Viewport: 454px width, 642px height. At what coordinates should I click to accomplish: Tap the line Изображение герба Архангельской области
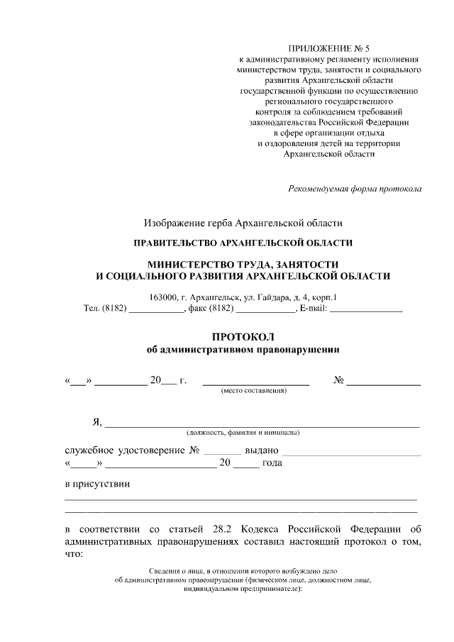(x=243, y=223)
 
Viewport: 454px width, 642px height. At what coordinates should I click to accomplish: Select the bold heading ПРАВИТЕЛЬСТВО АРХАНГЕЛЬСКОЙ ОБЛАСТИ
(x=243, y=243)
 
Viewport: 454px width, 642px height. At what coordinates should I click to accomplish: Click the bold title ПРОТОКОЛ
(x=243, y=336)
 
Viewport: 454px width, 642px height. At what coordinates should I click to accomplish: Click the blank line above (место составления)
(x=256, y=382)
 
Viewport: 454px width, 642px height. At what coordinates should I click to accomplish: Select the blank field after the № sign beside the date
(x=383, y=382)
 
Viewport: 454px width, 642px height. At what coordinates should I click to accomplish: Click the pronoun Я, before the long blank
(x=97, y=423)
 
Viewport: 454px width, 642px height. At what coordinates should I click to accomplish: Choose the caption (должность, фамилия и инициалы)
(x=243, y=432)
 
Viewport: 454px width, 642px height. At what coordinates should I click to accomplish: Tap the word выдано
(x=262, y=450)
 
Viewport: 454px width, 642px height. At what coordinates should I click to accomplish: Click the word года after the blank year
(x=272, y=464)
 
